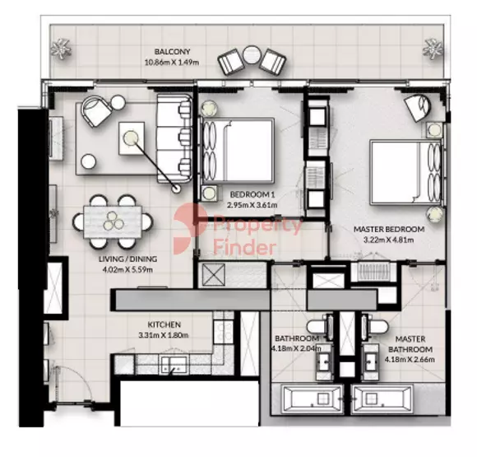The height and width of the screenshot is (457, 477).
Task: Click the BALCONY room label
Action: click(172, 52)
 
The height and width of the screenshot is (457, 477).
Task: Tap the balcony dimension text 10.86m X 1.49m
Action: click(172, 63)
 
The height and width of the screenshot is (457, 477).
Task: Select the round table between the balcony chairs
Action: click(252, 54)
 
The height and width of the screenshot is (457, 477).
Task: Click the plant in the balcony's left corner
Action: click(61, 48)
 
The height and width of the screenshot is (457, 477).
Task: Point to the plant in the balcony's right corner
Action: click(433, 48)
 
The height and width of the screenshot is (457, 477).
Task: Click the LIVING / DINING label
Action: click(128, 259)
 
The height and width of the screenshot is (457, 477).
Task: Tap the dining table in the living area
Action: click(113, 222)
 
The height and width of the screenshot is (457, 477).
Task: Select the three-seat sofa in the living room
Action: click(174, 138)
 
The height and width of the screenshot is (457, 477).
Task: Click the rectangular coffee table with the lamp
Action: click(132, 138)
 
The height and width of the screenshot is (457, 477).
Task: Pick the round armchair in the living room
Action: click(97, 111)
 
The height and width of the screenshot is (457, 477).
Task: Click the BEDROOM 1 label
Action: click(250, 194)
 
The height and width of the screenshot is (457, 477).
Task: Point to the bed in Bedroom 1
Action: click(238, 151)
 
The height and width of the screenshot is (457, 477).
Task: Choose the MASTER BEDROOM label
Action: click(389, 229)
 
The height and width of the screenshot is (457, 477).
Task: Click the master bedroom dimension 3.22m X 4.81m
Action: click(389, 240)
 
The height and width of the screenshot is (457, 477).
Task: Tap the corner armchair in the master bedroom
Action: click(418, 108)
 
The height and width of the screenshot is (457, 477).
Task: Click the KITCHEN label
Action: click(164, 324)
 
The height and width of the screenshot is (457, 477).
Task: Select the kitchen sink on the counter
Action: click(174, 365)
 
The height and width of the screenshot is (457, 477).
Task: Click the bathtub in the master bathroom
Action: click(382, 399)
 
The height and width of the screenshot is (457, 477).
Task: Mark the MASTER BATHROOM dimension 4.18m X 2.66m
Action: click(410, 360)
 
